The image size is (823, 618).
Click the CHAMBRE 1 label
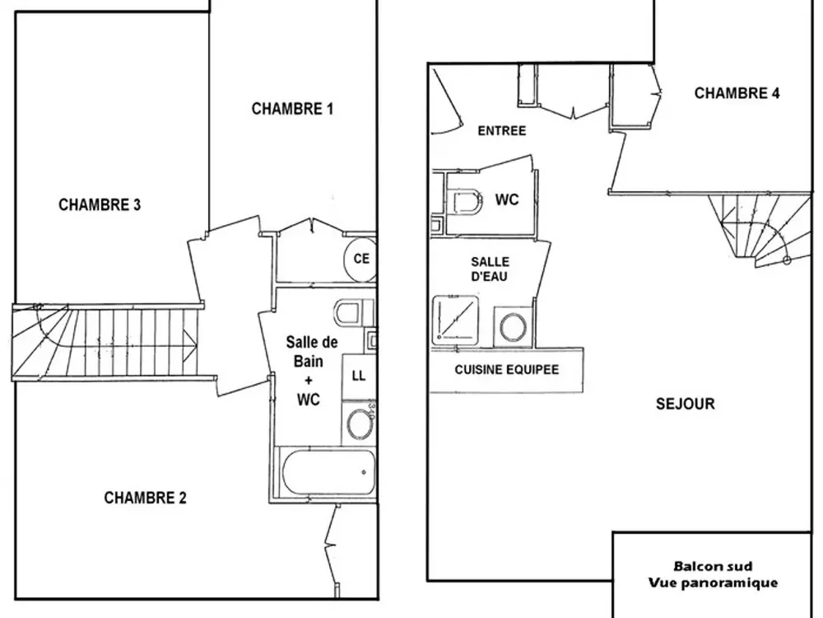[292, 109]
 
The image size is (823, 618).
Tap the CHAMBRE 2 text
[145, 498]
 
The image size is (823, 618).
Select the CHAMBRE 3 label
[100, 205]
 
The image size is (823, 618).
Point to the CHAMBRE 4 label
[737, 93]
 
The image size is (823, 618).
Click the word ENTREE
[501, 130]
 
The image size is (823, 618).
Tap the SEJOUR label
[685, 404]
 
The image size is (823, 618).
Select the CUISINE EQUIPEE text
[506, 370]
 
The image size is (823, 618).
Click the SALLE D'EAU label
[489, 269]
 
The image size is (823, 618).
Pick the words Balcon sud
[713, 567]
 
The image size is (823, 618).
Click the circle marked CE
[360, 259]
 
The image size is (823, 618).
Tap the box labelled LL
[358, 376]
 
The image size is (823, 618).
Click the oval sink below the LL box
[358, 424]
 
